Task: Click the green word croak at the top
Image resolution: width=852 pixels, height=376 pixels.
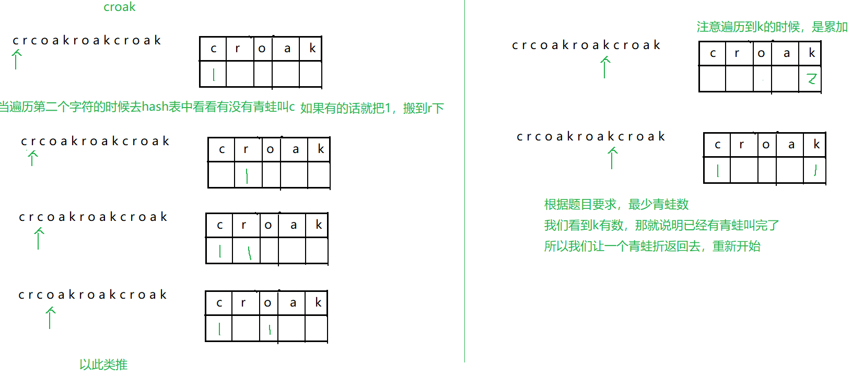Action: tap(119, 7)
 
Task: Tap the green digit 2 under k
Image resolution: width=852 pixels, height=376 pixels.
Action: tap(811, 79)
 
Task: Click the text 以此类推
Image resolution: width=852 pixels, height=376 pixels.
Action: tap(103, 365)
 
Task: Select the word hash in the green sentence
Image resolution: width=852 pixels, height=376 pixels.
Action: tap(155, 107)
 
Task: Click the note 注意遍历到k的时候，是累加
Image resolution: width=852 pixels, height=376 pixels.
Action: tap(772, 27)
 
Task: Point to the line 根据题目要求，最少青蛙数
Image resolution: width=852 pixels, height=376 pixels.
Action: tap(616, 204)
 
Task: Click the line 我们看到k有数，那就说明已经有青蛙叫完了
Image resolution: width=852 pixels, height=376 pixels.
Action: tap(661, 225)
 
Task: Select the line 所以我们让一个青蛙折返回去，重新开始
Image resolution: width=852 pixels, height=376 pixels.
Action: tap(652, 246)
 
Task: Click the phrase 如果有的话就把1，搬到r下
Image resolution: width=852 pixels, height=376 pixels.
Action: tap(372, 108)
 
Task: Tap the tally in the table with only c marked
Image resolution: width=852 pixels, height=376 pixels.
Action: tap(214, 75)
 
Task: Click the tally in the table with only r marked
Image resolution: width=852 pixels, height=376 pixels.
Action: tap(247, 175)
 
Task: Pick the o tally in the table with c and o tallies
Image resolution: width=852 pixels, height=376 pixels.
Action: tap(269, 329)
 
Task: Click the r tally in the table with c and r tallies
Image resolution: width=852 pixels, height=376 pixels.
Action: tap(250, 252)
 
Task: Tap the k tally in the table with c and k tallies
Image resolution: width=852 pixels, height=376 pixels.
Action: tap(815, 170)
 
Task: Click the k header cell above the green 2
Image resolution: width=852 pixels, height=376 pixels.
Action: tap(811, 53)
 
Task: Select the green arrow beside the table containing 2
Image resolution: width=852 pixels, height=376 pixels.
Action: tap(605, 67)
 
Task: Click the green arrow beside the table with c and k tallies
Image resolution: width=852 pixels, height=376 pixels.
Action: tap(612, 158)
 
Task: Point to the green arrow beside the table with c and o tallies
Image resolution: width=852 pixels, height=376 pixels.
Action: tap(50, 318)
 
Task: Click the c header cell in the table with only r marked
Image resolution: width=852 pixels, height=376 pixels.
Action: tap(221, 149)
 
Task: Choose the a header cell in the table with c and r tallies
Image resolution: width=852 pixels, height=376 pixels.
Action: tap(293, 225)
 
